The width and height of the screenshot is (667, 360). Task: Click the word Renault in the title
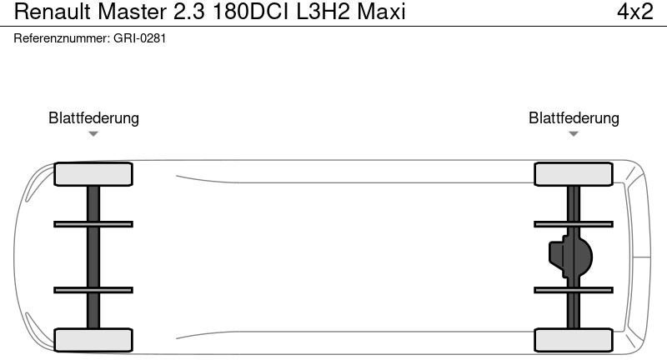coord(53,12)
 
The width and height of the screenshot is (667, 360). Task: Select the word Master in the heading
coord(132,12)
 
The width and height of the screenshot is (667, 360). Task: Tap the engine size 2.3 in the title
coord(189,12)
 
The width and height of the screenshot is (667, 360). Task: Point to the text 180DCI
coord(250,12)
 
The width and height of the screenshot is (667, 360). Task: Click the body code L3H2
coord(323,12)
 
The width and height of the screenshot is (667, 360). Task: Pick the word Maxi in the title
coord(381,12)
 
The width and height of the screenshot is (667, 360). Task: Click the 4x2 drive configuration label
coord(635,12)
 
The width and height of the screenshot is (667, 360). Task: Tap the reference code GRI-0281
coord(139,38)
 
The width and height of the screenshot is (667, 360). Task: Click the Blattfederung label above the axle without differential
coord(93,117)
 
